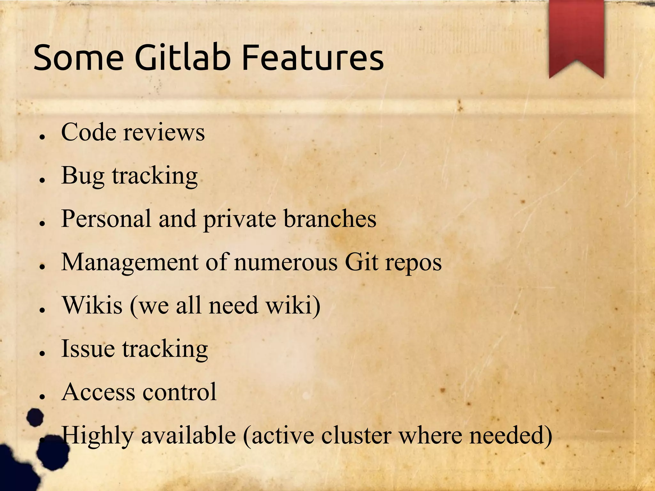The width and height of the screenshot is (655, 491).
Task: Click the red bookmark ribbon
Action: pos(576,35)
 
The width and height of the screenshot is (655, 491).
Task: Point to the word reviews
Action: pos(164,132)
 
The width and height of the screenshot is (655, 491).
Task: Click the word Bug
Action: pos(83,176)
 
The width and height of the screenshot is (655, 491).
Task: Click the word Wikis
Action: pos(92,305)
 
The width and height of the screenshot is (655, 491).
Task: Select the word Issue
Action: pos(88,349)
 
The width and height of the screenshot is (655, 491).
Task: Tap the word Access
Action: pos(98,392)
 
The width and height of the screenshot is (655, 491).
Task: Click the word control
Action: pos(179,392)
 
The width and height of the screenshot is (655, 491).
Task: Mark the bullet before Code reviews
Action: pos(42,137)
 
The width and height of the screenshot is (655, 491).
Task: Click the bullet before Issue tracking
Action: pos(42,353)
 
